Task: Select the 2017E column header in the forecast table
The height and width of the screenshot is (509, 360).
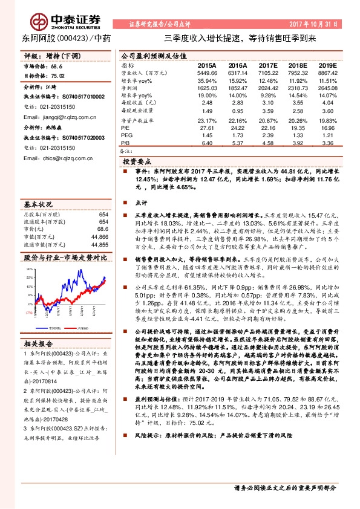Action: pos(267,64)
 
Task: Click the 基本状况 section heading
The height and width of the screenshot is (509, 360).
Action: pos(38,204)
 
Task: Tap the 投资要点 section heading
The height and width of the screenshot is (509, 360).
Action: pos(137,163)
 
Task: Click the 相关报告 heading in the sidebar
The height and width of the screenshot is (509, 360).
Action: pos(38,343)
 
